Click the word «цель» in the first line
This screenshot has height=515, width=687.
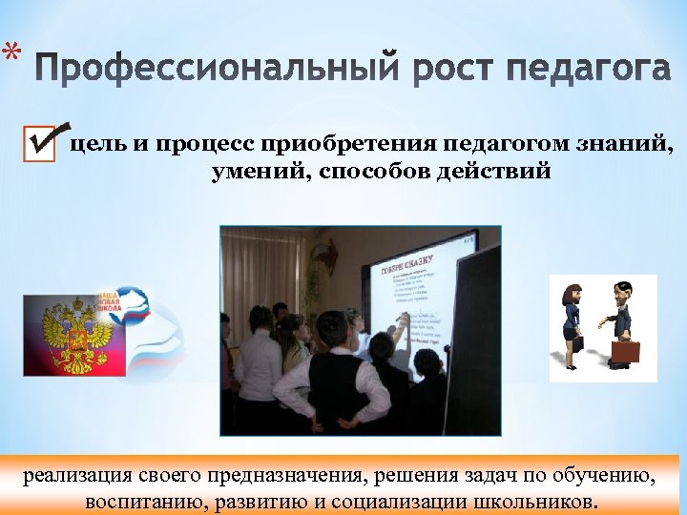coord(99,145)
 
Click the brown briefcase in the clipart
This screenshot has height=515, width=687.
coord(625,350)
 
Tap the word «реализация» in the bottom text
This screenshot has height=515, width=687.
coord(73,474)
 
